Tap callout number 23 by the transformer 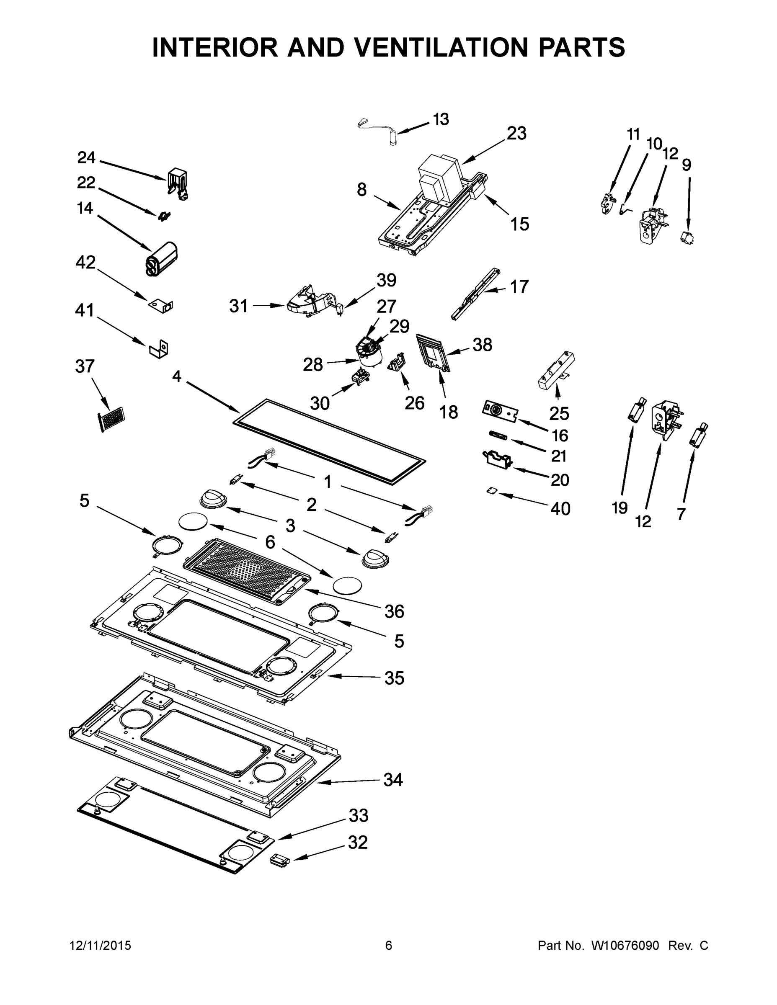pos(516,134)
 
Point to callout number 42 pos(85,263)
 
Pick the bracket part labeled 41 pos(159,349)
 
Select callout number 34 pos(393,780)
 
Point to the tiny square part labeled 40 pos(493,492)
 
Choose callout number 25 pos(559,413)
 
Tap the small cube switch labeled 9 pos(687,238)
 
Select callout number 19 pos(620,508)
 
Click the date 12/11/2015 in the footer pos(101,945)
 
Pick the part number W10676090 pos(625,945)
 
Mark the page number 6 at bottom pos(389,945)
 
